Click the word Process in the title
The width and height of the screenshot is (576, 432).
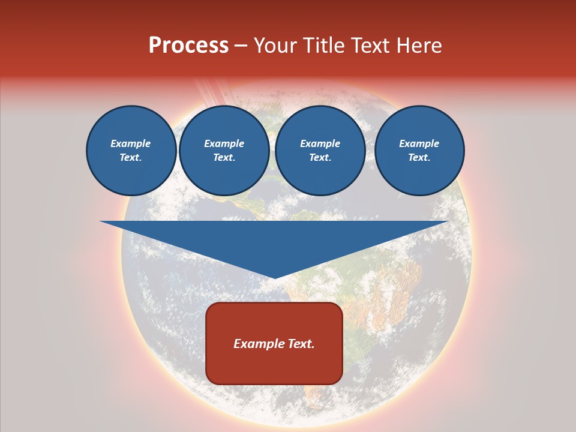188,46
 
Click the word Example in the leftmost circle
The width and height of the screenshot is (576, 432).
131,143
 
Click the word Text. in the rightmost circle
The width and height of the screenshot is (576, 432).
419,157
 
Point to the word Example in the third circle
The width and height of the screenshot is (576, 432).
320,143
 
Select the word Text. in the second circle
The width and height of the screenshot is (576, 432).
224,157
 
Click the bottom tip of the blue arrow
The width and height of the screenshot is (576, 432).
275,277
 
